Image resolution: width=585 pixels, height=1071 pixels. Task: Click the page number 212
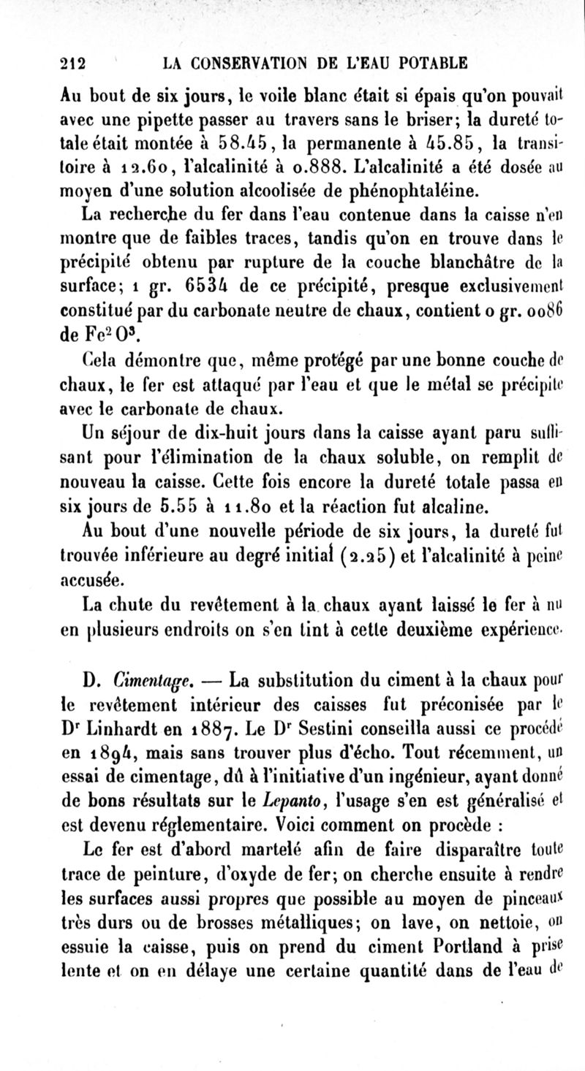pyautogui.click(x=73, y=62)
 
